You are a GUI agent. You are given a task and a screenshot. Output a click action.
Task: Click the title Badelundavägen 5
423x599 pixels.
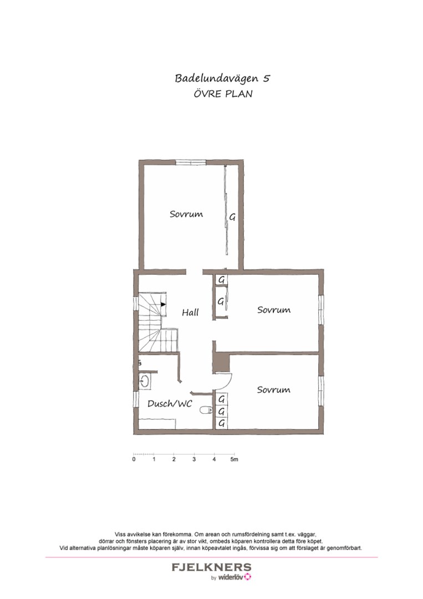(x=222, y=78)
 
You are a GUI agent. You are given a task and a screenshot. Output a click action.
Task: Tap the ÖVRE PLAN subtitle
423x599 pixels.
(x=223, y=94)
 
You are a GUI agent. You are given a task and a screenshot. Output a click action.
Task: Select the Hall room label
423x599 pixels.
(x=190, y=313)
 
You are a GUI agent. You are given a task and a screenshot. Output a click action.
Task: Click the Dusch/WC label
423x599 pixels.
(x=170, y=404)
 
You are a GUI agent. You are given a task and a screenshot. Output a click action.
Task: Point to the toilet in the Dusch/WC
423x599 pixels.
(x=206, y=410)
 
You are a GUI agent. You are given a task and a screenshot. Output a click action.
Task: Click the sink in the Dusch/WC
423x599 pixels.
(x=145, y=381)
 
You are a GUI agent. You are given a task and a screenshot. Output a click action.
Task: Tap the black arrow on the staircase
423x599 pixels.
(x=163, y=304)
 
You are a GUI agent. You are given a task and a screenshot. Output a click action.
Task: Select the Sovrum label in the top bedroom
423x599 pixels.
(x=186, y=214)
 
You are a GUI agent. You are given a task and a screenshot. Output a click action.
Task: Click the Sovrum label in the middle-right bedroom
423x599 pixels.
(x=274, y=310)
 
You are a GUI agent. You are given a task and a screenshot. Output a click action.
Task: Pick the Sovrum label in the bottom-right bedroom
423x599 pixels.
(x=274, y=390)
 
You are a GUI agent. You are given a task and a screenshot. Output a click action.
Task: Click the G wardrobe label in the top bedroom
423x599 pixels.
(x=232, y=217)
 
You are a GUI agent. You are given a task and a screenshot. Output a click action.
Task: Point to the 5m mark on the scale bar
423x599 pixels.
(x=235, y=460)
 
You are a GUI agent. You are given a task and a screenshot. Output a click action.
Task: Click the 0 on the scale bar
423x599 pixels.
(x=134, y=460)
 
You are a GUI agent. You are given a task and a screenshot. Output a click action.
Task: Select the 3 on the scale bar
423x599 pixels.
(x=194, y=460)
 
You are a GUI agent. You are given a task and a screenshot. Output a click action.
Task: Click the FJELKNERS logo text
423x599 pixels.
(x=211, y=567)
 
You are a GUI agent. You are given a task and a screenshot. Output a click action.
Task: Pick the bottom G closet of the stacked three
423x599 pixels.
(x=222, y=424)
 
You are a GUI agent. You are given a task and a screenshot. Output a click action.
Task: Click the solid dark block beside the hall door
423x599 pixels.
(x=221, y=363)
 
